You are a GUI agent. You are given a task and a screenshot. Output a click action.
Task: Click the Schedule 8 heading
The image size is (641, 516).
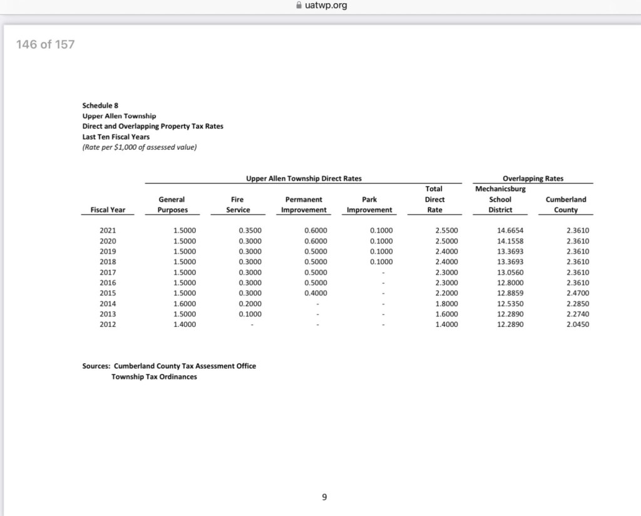[101, 105]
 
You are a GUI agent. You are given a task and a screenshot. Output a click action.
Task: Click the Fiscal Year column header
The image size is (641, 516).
[107, 210]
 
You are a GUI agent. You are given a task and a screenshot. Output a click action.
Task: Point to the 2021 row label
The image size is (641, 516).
[108, 230]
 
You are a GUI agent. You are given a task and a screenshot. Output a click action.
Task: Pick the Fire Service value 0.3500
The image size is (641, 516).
[250, 230]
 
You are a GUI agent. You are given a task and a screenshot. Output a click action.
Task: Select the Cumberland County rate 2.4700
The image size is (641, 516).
[577, 293]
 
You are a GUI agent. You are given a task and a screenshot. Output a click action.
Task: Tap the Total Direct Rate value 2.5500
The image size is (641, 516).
[446, 230]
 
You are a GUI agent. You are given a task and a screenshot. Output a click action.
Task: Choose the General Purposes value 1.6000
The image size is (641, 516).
[184, 303]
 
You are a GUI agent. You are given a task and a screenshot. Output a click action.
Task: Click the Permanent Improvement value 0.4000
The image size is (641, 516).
[315, 293]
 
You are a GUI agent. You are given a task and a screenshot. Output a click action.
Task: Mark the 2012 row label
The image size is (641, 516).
[108, 324]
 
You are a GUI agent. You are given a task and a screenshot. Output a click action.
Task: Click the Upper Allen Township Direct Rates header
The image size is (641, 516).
[304, 178]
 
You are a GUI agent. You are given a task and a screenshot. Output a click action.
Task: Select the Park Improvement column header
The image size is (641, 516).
[369, 205]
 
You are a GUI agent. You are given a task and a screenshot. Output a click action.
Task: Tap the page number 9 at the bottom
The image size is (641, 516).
[324, 497]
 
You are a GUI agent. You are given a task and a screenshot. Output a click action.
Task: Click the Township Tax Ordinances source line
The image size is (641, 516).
[154, 376]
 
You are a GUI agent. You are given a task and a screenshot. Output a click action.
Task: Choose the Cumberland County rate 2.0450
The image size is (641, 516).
[577, 324]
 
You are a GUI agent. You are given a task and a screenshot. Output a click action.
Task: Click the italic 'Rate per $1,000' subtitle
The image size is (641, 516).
[140, 147]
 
